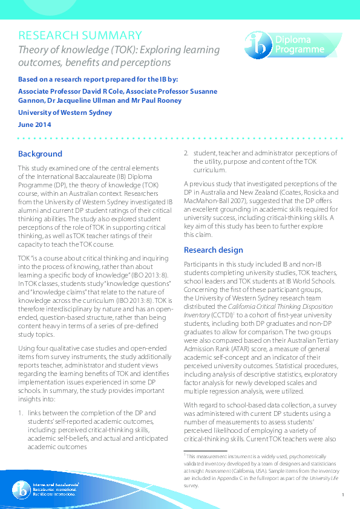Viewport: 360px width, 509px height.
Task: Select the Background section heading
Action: [x=40, y=154]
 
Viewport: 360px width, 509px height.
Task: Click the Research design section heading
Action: [x=213, y=250]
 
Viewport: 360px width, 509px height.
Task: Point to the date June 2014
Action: [x=34, y=125]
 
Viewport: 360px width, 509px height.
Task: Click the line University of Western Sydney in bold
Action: [x=65, y=112]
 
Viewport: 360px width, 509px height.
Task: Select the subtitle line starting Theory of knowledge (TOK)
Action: [x=119, y=50]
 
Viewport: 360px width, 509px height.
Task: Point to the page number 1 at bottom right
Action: [x=342, y=494]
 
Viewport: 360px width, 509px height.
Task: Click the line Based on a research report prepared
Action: [x=98, y=79]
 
